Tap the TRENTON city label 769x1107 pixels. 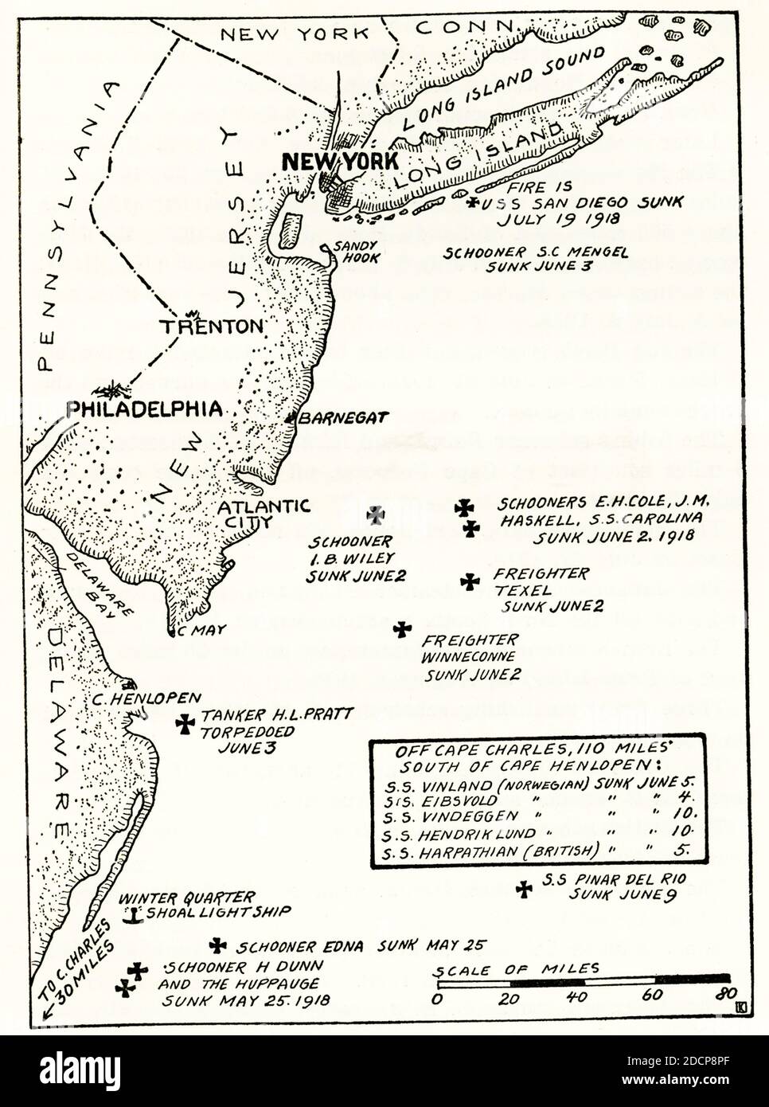pos(211,327)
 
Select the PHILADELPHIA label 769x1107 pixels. pos(144,409)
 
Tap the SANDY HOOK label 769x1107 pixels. pos(357,252)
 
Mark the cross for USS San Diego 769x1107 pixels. pos(474,203)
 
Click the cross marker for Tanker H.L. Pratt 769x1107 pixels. pos(185,724)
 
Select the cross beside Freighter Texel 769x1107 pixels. pos(470,581)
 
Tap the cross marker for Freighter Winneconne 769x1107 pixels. pos(403,629)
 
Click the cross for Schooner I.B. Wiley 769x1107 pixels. pos(375,514)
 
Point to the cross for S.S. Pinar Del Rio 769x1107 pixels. pos(524,889)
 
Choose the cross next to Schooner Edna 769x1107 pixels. pos(217,945)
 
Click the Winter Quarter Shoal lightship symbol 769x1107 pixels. pos(134,916)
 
